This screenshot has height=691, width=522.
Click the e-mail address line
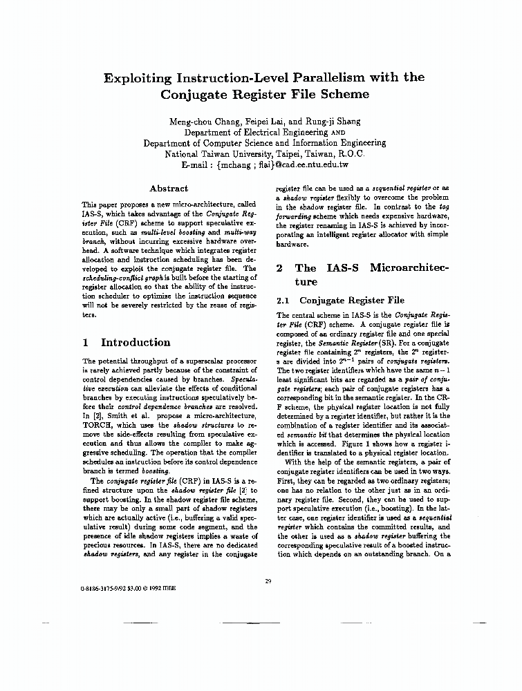264,166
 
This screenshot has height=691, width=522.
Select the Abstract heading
169,188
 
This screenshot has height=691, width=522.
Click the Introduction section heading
136,342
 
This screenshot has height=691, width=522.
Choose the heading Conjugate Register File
351,301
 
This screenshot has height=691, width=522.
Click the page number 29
268,580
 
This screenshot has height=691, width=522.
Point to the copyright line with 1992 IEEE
129,592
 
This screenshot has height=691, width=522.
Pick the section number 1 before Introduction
84,342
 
